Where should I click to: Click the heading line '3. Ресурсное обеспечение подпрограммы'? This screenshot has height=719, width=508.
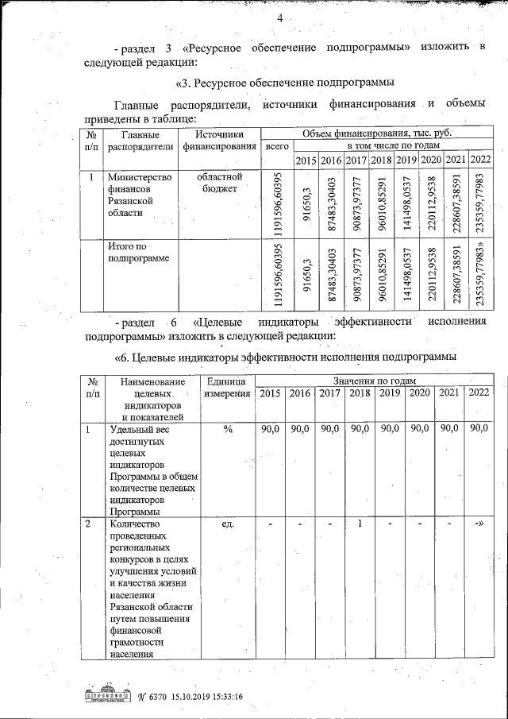pos(284,83)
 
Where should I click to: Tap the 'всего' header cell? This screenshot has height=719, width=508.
pos(277,147)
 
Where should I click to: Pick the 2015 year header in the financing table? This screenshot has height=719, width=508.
pos(306,161)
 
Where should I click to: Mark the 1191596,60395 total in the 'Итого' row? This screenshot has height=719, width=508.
pos(277,274)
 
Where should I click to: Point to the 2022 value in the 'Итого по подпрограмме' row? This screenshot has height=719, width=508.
pos(479,274)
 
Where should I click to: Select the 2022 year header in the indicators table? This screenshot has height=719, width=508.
pos(479,393)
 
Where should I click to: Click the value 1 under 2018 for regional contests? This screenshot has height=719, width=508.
pos(360,524)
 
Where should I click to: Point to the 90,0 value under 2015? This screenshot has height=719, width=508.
pos(270,430)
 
